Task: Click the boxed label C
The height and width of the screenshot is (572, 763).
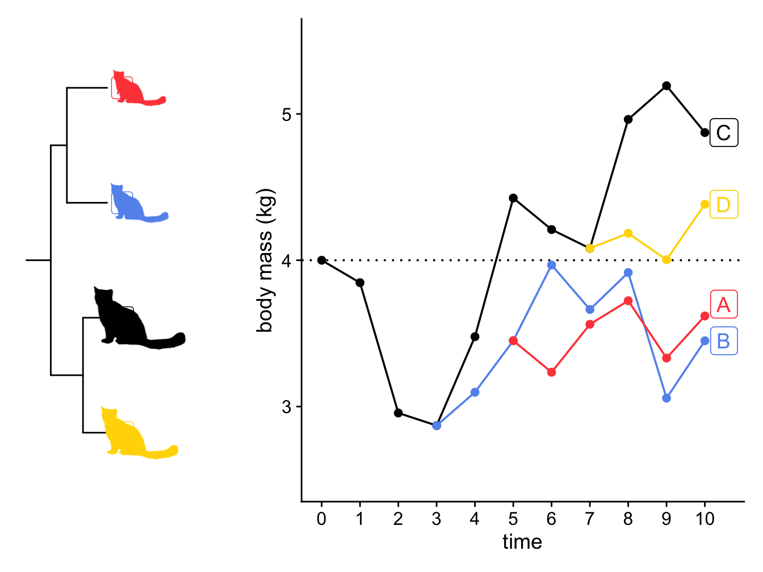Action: pyautogui.click(x=724, y=133)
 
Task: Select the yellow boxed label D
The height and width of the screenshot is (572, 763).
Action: pyautogui.click(x=724, y=204)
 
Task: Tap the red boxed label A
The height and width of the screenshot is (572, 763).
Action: pyautogui.click(x=724, y=305)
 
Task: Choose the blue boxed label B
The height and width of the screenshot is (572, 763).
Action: pyautogui.click(x=724, y=341)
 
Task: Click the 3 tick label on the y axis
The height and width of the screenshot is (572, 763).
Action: pyautogui.click(x=286, y=407)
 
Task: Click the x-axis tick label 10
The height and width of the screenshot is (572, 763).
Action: pyautogui.click(x=705, y=519)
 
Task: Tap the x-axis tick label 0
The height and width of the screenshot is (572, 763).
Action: pyautogui.click(x=321, y=519)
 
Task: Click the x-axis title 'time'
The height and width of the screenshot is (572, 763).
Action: pyautogui.click(x=522, y=542)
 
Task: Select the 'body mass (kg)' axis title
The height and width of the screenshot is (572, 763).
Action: pyautogui.click(x=265, y=260)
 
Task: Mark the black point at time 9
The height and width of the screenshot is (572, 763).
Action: pyautogui.click(x=666, y=86)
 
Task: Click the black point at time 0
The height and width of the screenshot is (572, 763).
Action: pyautogui.click(x=322, y=260)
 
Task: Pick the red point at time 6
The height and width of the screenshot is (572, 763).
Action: pyautogui.click(x=551, y=372)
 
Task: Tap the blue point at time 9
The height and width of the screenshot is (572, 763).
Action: pyautogui.click(x=666, y=398)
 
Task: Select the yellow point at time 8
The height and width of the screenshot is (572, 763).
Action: pyautogui.click(x=628, y=233)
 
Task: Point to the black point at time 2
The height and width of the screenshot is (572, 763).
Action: pyautogui.click(x=399, y=413)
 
